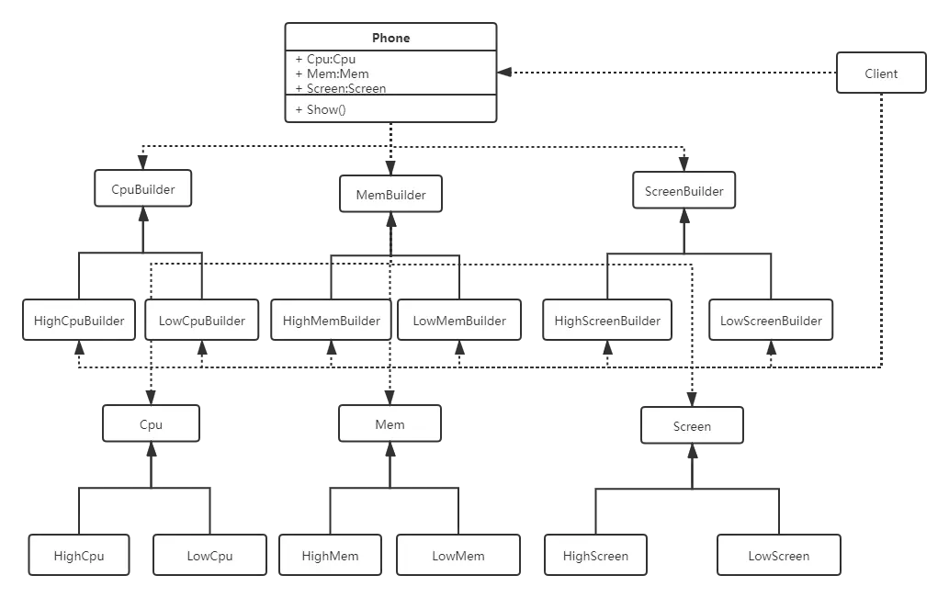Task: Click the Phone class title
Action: point(390,38)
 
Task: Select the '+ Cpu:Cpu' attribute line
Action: point(326,60)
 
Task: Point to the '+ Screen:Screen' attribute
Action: point(341,89)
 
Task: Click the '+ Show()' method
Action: point(321,109)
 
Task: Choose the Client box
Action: point(881,73)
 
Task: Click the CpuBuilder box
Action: point(142,189)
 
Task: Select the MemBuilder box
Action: point(391,195)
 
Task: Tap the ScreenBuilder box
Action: point(684,192)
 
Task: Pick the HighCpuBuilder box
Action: point(79,321)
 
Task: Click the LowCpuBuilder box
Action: point(202,321)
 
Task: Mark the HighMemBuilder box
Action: point(332,321)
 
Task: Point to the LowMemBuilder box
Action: point(459,321)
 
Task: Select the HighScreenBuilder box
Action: point(607,321)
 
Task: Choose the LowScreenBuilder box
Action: point(771,321)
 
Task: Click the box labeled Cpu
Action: point(151,424)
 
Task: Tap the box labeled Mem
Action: point(390,424)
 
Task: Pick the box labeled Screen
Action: point(692,426)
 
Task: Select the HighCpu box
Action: point(79,556)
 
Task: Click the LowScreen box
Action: point(778,556)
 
